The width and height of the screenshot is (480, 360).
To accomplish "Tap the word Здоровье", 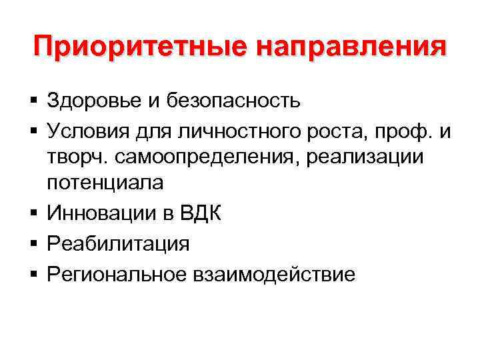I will [91, 101].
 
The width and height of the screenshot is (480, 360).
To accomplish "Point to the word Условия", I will [85, 132].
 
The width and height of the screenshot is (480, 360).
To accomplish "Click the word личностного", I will [221, 132].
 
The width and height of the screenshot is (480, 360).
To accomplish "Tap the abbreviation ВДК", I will [199, 213].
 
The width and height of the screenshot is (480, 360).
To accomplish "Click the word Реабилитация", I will [119, 244].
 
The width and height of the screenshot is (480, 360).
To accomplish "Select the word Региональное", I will [119, 275].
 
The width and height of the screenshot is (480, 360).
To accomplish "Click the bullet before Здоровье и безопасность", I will [33, 101].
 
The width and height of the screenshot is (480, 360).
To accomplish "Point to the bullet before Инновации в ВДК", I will [33, 214].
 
